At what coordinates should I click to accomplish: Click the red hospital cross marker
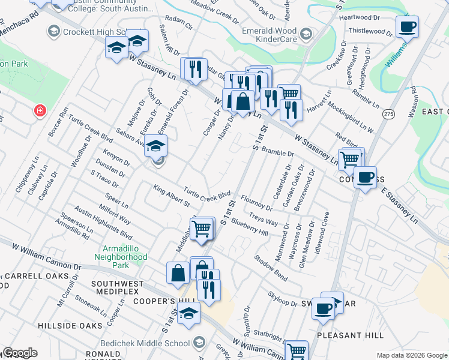point(40,111)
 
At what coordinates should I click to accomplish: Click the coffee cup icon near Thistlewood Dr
point(407,27)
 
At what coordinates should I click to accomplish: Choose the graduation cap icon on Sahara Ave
point(155,146)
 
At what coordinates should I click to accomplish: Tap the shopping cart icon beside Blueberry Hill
point(202,228)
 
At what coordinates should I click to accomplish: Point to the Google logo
point(20,353)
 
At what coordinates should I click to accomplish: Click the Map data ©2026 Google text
point(411,355)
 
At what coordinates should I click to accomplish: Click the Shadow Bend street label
point(271,268)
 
